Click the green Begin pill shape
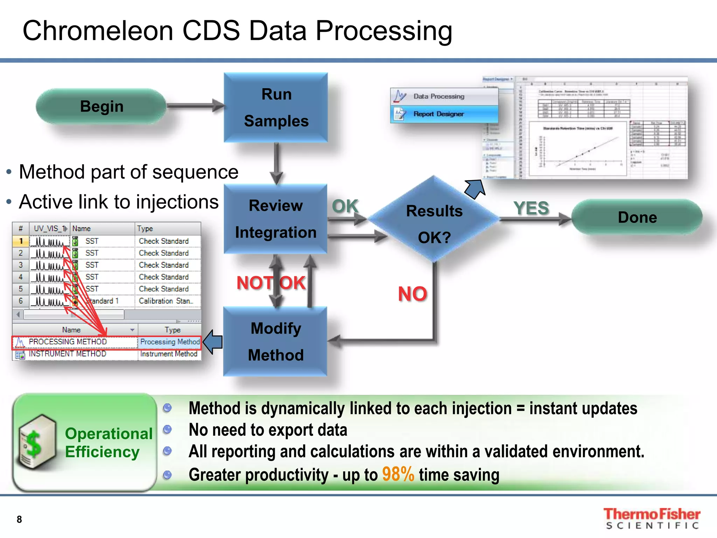point(101,106)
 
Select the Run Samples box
point(276,108)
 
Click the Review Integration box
point(276,219)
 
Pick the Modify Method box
point(276,342)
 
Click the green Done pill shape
point(637,218)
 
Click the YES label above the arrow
point(531,208)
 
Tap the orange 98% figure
point(398,475)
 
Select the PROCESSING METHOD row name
point(68,342)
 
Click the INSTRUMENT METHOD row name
point(68,354)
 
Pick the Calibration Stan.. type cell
point(166,301)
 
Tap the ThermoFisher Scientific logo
point(652,518)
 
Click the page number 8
point(19,519)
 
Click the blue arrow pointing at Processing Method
point(213,342)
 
